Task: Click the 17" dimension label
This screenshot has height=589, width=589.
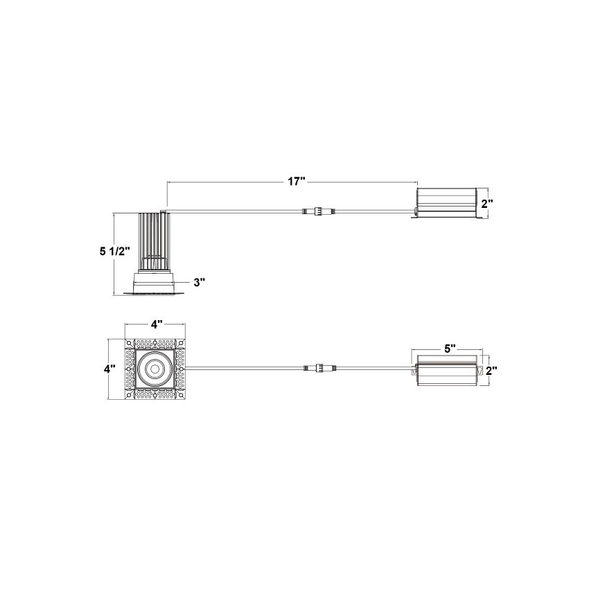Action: [x=296, y=182]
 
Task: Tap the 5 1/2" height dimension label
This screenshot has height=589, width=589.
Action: [x=115, y=251]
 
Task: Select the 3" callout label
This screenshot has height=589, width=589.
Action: [x=200, y=282]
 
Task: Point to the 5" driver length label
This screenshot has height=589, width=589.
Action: [x=450, y=349]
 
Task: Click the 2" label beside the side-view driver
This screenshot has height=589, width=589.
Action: [x=487, y=204]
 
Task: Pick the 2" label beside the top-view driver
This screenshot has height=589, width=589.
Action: [x=491, y=371]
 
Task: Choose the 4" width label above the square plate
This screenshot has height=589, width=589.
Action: [x=157, y=324]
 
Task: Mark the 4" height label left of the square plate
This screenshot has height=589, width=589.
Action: [x=109, y=369]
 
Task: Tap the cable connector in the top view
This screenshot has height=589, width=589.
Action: [x=319, y=368]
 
